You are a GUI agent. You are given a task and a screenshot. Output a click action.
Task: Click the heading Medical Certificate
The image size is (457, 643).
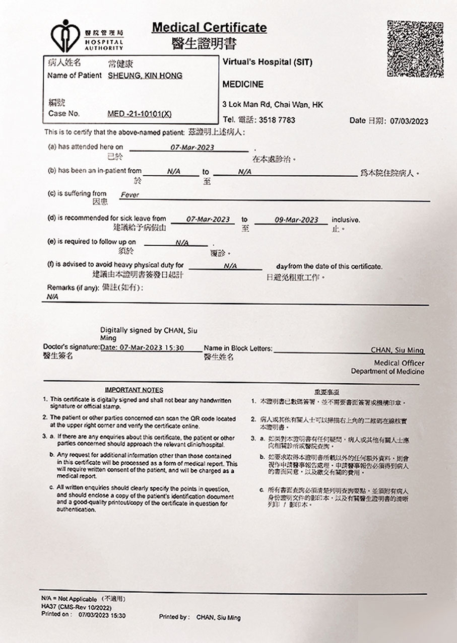[x=209, y=27]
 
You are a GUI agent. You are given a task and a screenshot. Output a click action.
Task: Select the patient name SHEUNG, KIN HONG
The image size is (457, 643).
[x=145, y=76]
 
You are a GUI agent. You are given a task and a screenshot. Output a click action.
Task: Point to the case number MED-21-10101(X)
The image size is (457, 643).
[x=140, y=114]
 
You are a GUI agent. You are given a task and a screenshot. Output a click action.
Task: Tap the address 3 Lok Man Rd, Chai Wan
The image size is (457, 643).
[x=273, y=105]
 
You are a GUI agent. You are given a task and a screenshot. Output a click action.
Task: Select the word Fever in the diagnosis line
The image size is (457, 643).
[x=129, y=195]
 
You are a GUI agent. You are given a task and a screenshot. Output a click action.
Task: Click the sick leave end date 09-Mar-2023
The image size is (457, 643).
[x=296, y=220]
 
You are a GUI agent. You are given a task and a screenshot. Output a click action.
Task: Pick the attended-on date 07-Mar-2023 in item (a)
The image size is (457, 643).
[x=191, y=147]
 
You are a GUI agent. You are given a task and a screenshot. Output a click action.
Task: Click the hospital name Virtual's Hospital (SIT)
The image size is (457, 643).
[x=267, y=62]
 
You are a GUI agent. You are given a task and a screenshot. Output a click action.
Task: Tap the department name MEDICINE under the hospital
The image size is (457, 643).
[x=243, y=85]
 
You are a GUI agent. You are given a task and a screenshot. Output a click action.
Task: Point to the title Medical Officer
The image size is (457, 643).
[x=399, y=363]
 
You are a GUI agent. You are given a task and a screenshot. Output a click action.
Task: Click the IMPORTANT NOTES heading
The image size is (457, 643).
[x=134, y=390]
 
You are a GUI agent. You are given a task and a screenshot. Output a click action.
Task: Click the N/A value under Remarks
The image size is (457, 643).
[x=52, y=297]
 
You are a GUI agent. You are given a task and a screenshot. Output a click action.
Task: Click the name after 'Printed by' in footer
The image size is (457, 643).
[x=218, y=617]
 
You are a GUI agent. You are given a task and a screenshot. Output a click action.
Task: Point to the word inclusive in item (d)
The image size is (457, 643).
[x=346, y=220]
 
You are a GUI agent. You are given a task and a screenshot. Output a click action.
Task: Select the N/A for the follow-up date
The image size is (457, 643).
[x=182, y=243]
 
